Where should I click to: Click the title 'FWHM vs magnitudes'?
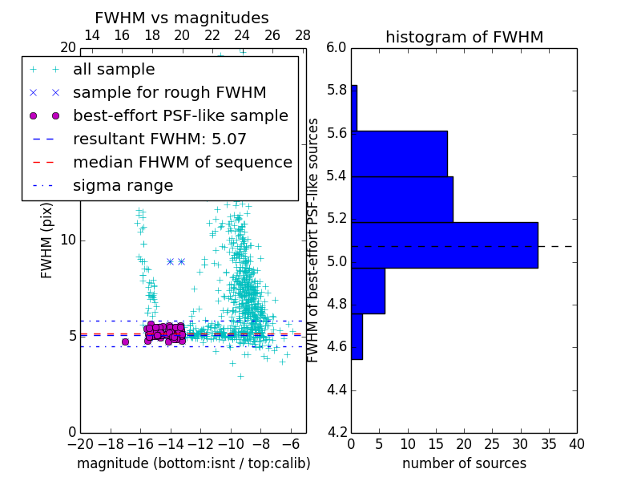(182, 18)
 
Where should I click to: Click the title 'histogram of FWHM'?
(464, 38)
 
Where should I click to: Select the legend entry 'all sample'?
(114, 70)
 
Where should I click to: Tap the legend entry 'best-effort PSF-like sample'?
(180, 115)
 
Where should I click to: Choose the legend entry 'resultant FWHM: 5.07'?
(159, 139)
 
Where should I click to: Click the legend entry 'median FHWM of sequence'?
(182, 162)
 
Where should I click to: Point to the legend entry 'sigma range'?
(123, 186)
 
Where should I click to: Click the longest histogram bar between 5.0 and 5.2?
(445, 245)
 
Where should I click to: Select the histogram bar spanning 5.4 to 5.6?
(399, 153)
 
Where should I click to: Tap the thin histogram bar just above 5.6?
(354, 107)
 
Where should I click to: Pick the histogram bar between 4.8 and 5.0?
(368, 291)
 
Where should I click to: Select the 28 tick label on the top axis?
(303, 35)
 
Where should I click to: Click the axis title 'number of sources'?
(464, 463)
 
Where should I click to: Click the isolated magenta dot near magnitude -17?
(125, 342)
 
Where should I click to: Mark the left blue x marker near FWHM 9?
(170, 261)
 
